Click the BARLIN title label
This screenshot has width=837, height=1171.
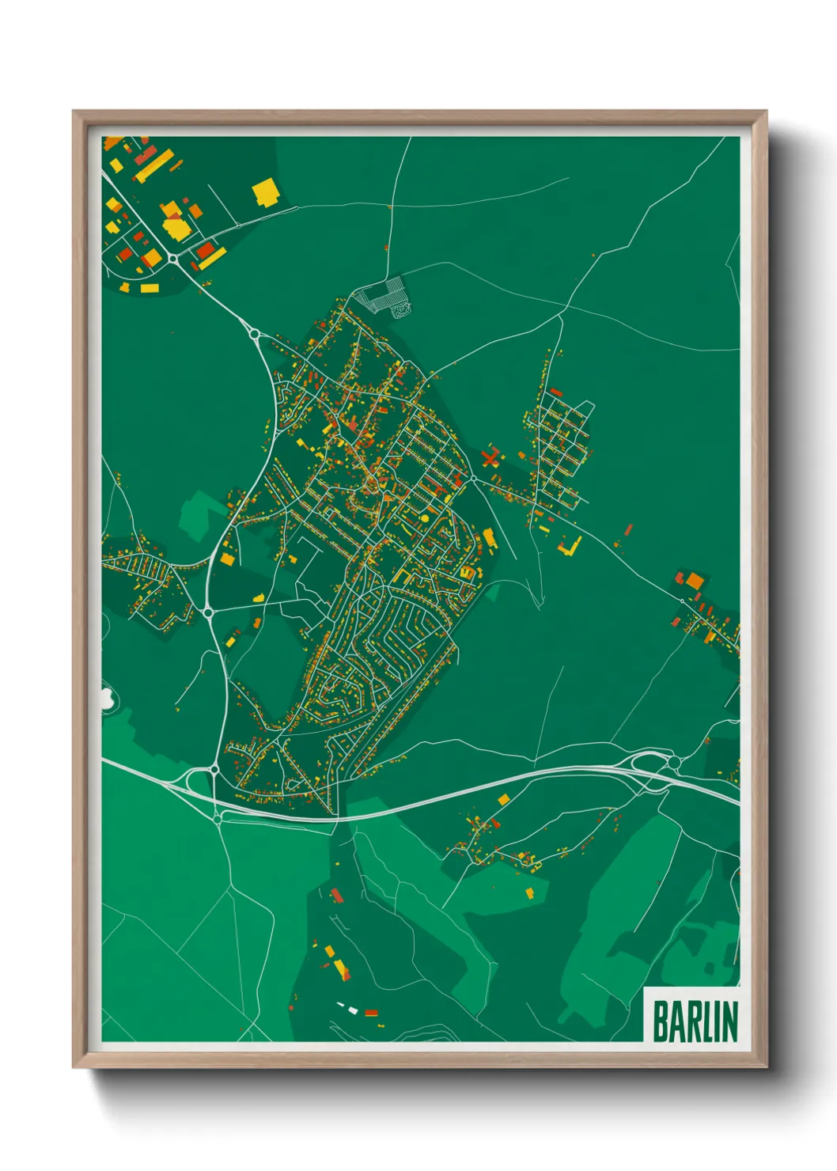pyautogui.click(x=694, y=1021)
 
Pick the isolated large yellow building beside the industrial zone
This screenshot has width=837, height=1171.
pyautogui.click(x=265, y=192)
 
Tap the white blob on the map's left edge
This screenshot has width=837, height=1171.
pyautogui.click(x=105, y=697)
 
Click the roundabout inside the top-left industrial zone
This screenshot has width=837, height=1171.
pyautogui.click(x=172, y=258)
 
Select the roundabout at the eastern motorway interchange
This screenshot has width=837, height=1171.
pyautogui.click(x=674, y=762)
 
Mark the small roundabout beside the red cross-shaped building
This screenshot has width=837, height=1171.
pyautogui.click(x=473, y=478)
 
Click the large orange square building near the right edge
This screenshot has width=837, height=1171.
pyautogui.click(x=694, y=582)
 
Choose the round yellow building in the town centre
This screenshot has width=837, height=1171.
pyautogui.click(x=425, y=518)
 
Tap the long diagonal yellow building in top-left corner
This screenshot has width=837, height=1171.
pyautogui.click(x=154, y=166)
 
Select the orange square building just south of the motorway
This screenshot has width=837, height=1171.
pyautogui.click(x=503, y=801)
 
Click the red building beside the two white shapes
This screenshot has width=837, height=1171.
pyautogui.click(x=371, y=1012)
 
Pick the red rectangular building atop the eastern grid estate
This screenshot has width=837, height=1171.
pyautogui.click(x=556, y=392)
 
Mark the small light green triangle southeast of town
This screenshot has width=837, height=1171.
pyautogui.click(x=492, y=591)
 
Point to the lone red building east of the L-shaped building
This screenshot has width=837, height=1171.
pyautogui.click(x=629, y=529)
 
